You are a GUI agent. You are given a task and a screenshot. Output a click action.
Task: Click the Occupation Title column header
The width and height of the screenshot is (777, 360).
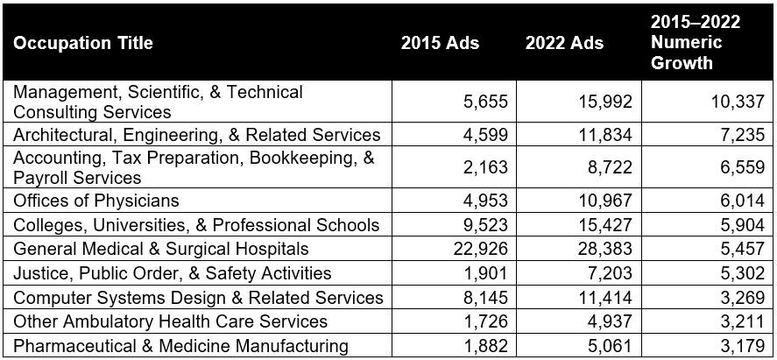point(83,43)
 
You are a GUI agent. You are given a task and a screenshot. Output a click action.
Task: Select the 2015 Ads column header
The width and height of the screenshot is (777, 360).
point(440,43)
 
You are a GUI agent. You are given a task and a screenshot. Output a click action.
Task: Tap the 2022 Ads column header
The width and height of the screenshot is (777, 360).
point(564,43)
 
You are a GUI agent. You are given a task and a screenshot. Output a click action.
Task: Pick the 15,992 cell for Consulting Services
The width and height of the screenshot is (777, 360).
point(604,102)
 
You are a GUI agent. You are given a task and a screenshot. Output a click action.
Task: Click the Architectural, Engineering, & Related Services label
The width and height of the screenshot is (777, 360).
point(197,134)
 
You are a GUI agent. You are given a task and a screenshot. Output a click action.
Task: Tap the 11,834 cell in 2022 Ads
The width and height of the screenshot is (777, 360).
point(604,134)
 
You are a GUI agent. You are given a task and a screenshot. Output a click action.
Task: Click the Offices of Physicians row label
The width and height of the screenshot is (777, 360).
point(96,201)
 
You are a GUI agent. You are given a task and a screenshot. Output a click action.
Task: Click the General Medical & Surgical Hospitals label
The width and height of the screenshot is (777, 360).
point(161,250)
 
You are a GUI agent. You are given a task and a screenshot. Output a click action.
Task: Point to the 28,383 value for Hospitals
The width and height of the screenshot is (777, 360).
point(604,250)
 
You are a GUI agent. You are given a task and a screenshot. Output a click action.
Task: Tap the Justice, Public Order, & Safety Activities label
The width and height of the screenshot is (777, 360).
point(173,273)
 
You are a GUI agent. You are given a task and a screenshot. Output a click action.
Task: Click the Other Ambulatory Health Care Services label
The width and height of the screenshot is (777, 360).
point(171,321)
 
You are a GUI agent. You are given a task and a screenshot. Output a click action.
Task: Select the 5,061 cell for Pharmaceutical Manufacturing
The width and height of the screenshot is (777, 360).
point(609,346)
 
